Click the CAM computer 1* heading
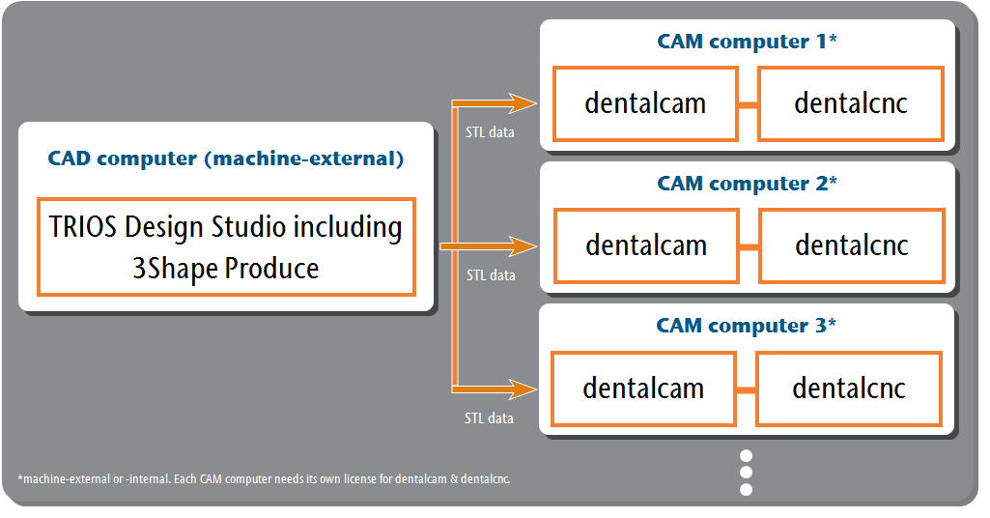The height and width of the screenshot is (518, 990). pos(747,42)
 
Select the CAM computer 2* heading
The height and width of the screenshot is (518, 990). pos(747,184)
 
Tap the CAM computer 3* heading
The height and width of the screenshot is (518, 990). pos(746,326)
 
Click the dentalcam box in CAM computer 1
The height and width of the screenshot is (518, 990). pos(645,103)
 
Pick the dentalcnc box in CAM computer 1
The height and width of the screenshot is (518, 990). pos(851,103)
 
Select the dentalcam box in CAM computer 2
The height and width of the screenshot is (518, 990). pos(646,245)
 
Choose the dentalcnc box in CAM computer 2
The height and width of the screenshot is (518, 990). pos(852,245)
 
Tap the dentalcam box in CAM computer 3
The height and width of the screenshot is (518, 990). pos(643,388)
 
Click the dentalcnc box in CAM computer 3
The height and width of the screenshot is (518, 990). pos(849,388)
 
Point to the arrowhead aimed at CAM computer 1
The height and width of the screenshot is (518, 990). pos(523,103)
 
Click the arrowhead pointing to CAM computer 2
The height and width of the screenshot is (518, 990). pos(523,246)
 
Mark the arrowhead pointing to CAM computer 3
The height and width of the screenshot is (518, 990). pos(523,389)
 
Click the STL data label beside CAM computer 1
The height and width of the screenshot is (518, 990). pos(490,132)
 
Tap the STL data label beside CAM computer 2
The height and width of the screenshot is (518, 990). pos(491,275)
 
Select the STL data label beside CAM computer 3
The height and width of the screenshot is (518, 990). pos(489,418)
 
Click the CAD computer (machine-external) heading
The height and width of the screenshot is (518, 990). pos(225,158)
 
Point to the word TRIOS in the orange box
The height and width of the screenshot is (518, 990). pos(83,227)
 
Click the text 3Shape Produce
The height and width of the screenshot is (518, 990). pos(225,269)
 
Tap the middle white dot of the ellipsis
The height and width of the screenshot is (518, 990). pos(746,473)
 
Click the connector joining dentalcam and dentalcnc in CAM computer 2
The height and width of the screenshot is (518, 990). pos(749,247)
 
